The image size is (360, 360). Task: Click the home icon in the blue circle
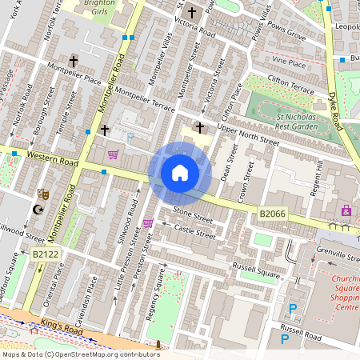click(x=180, y=172)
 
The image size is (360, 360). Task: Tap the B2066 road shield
click(x=270, y=214)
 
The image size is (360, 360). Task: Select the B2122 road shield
click(x=46, y=254)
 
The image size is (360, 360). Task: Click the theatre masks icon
click(x=43, y=194)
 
